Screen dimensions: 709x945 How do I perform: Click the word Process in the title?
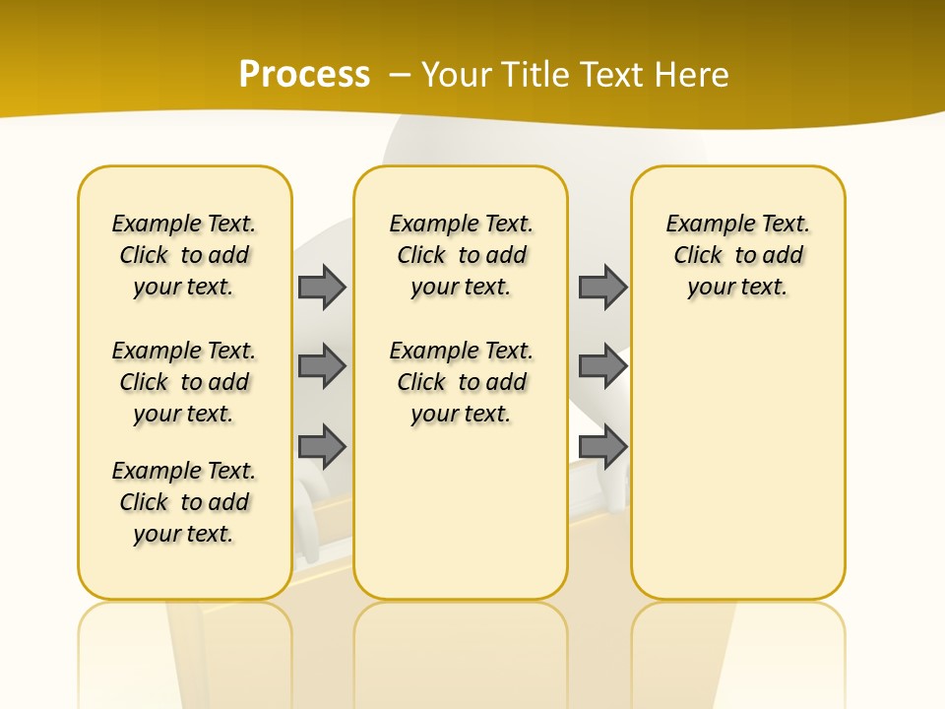pyautogui.click(x=304, y=75)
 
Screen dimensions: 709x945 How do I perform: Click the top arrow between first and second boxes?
pyautogui.click(x=322, y=287)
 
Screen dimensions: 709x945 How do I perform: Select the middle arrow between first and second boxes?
pyautogui.click(x=322, y=366)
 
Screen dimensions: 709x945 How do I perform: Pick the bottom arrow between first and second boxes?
pyautogui.click(x=322, y=446)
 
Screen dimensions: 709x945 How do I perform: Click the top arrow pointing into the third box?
pyautogui.click(x=602, y=287)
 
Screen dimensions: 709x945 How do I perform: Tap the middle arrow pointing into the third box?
pyautogui.click(x=602, y=366)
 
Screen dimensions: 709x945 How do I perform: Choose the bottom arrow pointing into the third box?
pyautogui.click(x=602, y=446)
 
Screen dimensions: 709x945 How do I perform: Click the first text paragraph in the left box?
pyautogui.click(x=184, y=255)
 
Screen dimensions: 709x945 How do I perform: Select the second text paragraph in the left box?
pyautogui.click(x=184, y=382)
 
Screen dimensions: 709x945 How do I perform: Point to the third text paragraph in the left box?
pyautogui.click(x=184, y=502)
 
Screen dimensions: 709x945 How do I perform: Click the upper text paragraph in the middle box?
pyautogui.click(x=461, y=255)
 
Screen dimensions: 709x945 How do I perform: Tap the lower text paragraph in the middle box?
pyautogui.click(x=461, y=382)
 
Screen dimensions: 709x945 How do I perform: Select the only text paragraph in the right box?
pyautogui.click(x=737, y=255)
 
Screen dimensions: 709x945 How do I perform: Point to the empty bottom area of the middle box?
pyautogui.click(x=461, y=522)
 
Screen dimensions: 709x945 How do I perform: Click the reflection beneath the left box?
pyautogui.click(x=184, y=640)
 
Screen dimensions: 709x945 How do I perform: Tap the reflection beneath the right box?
pyautogui.click(x=737, y=640)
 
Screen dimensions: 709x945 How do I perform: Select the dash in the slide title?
pyautogui.click(x=400, y=75)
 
